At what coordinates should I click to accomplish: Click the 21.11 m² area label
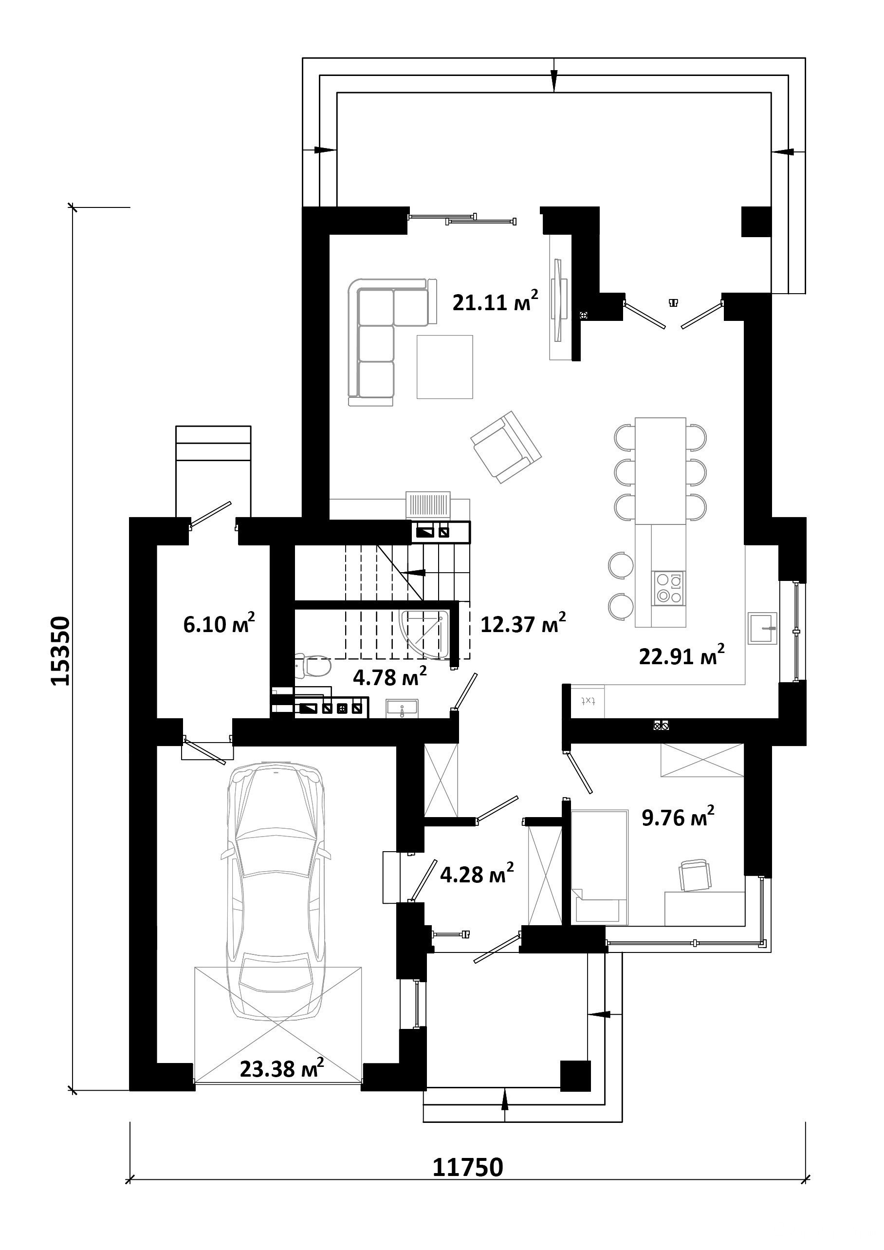(x=496, y=301)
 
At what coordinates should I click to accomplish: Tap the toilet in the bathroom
(x=313, y=666)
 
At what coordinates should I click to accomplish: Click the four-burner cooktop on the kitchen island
(x=669, y=589)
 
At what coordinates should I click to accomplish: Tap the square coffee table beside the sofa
(x=445, y=367)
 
